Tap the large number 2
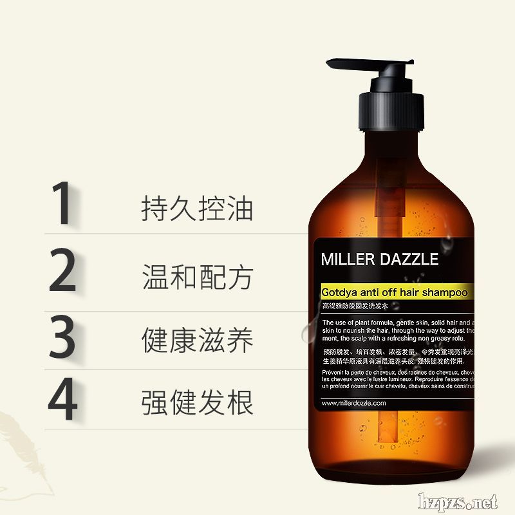[x=62, y=272]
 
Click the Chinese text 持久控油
[x=197, y=209]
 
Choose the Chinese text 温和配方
[x=197, y=277]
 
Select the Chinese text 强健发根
[x=197, y=402]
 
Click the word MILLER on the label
[x=348, y=260]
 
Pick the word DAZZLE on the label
[x=408, y=260]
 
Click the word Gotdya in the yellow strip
[x=339, y=292]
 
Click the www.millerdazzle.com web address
[x=353, y=403]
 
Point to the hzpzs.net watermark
[x=458, y=501]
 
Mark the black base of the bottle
[x=393, y=476]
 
